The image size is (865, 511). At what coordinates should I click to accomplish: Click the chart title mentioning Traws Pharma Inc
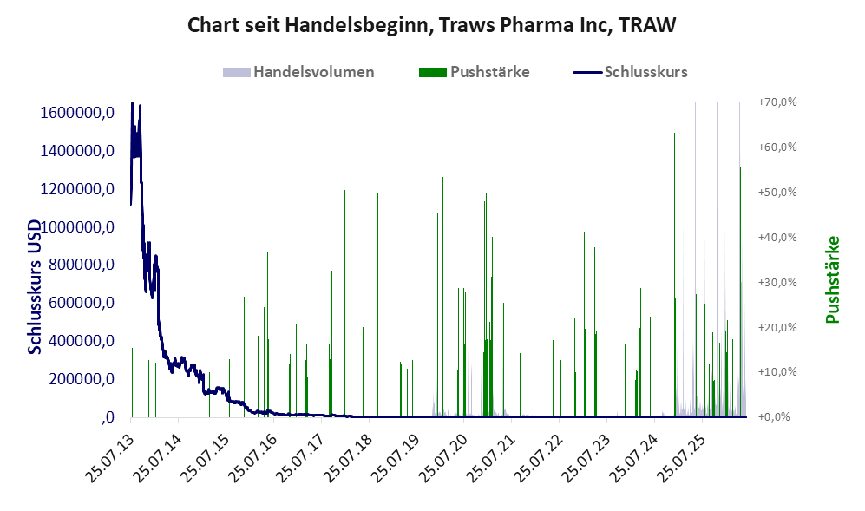click(431, 25)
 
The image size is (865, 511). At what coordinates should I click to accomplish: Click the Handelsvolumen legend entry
click(298, 72)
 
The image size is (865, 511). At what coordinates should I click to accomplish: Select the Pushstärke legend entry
click(475, 72)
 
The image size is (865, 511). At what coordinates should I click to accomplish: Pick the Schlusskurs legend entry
click(631, 72)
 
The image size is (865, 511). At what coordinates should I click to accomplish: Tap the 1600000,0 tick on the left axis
click(77, 113)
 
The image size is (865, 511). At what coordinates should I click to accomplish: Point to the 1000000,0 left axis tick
click(77, 226)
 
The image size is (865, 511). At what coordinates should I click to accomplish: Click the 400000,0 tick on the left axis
click(82, 341)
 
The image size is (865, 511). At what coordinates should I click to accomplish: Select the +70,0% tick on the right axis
click(778, 102)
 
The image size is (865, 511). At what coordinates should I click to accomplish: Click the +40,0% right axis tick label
click(778, 238)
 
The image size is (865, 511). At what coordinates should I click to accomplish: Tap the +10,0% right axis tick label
click(778, 372)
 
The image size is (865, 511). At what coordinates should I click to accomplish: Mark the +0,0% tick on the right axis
click(775, 417)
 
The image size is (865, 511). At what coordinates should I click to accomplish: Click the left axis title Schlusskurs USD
click(35, 287)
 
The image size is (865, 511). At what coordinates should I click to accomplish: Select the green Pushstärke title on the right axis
click(832, 279)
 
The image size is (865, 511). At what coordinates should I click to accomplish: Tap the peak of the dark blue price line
click(133, 103)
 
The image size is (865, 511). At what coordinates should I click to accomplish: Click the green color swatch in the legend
click(432, 72)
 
